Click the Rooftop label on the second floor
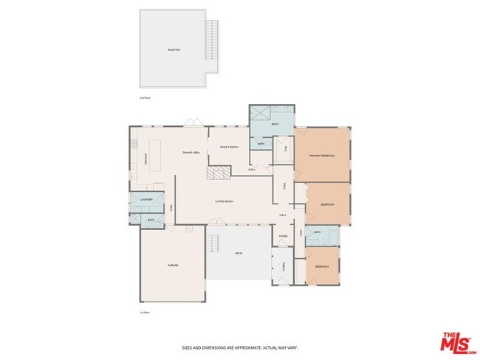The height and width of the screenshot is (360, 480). pyautogui.click(x=174, y=49)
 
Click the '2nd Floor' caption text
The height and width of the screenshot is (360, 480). pyautogui.click(x=145, y=97)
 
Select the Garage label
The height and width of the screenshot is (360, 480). pyautogui.click(x=173, y=265)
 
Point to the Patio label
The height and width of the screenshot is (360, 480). pyautogui.click(x=239, y=253)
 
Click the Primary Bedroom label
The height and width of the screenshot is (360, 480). pyautogui.click(x=322, y=156)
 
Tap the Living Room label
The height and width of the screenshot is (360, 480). pyautogui.click(x=224, y=201)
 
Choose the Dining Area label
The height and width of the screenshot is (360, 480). pyautogui.click(x=191, y=152)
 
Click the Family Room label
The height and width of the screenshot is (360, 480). pyautogui.click(x=229, y=147)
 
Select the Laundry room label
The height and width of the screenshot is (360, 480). pyautogui.click(x=146, y=200)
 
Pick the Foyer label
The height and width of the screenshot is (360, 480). pyautogui.click(x=283, y=237)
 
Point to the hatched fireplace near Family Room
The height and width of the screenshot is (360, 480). pyautogui.click(x=218, y=173)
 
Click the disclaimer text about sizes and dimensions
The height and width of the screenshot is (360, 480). pyautogui.click(x=240, y=347)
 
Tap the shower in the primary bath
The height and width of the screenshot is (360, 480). pyautogui.click(x=260, y=115)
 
